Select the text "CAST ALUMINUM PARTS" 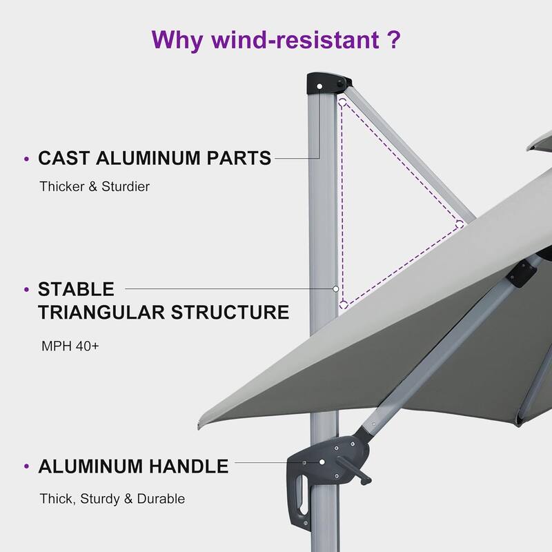[x=155, y=159]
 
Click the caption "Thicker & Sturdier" [x=95, y=187]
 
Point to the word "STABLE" [x=76, y=288]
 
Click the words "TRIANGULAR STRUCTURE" [x=164, y=312]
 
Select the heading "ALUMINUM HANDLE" [x=133, y=466]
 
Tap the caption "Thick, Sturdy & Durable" [x=112, y=498]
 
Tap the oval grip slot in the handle [x=300, y=496]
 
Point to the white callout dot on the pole [x=335, y=288]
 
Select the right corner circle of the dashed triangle [x=459, y=224]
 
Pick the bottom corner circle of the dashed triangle [x=343, y=303]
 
